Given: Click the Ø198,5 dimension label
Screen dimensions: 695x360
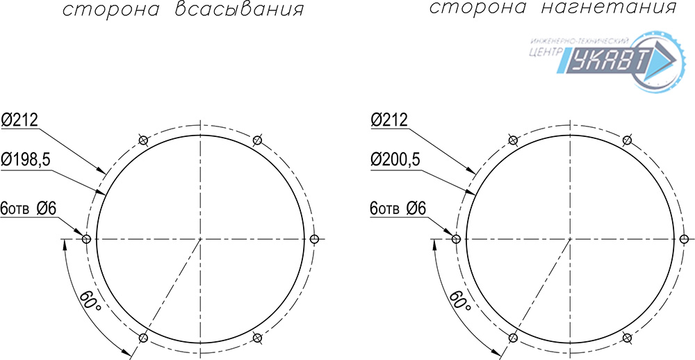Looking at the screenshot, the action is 26,161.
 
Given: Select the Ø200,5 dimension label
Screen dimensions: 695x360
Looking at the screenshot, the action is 396,161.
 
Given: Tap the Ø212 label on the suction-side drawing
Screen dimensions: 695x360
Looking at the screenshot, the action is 20,120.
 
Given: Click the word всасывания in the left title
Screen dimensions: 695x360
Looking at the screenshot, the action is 239,10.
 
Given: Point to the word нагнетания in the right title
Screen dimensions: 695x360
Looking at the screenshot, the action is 610,8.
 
